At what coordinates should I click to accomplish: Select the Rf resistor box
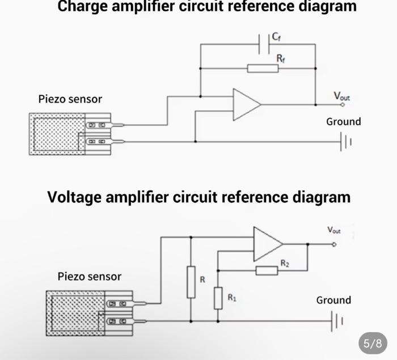[263, 69]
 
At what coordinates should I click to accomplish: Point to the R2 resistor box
[267, 270]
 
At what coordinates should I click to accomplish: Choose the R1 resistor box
[218, 298]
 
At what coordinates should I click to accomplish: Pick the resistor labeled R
[191, 282]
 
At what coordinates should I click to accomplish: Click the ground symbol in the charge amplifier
[346, 142]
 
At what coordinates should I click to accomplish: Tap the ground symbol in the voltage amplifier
[337, 321]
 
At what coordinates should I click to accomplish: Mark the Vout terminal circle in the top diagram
[343, 104]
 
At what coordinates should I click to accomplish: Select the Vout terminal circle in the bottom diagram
[334, 244]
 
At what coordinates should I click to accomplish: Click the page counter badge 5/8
[373, 344]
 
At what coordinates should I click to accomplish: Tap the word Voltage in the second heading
[74, 197]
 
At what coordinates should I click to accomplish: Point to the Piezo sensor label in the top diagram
[70, 99]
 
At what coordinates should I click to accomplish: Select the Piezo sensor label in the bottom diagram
[90, 277]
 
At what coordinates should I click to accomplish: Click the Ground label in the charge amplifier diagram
[344, 122]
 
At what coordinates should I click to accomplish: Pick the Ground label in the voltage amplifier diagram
[333, 300]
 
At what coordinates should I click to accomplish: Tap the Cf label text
[276, 37]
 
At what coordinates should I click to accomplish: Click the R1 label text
[232, 298]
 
